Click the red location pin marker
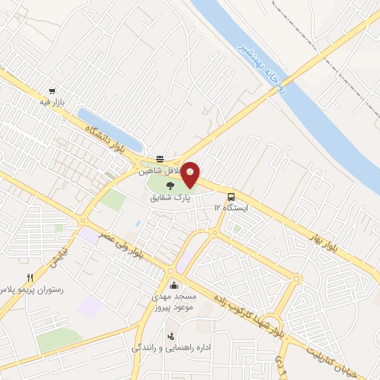coord(191,174)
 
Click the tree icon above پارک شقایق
coord(171,186)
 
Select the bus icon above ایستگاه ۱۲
coord(232,197)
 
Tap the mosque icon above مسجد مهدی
coord(174,286)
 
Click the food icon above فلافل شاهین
coord(160,158)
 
